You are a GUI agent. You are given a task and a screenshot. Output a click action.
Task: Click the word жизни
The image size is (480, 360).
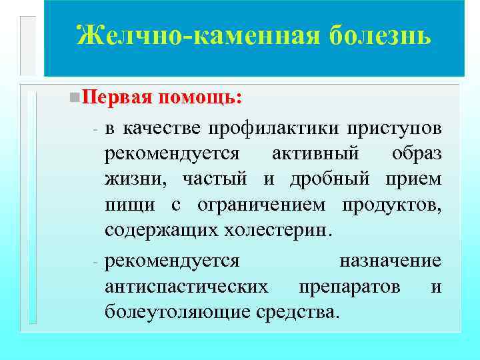tap(133, 179)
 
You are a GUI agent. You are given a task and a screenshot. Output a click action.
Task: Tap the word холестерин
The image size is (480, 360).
tap(271, 231)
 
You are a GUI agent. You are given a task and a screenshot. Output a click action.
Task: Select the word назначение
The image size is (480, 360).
tap(390, 259)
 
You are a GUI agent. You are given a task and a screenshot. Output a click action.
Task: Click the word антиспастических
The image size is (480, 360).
tap(187, 285)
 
